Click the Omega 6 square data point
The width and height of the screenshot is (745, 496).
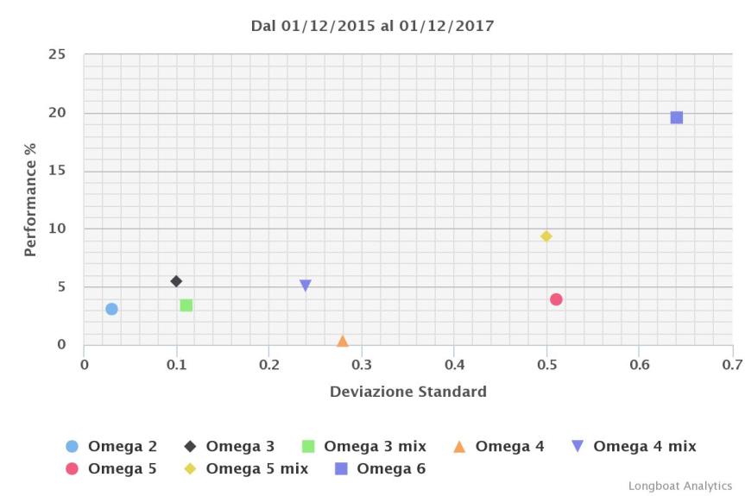[x=677, y=117]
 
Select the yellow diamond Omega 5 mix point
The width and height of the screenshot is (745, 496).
[x=546, y=236]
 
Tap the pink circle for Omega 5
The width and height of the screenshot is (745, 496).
[x=556, y=299]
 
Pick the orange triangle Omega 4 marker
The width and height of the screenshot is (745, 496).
[x=343, y=342]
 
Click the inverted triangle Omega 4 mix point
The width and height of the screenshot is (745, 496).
[x=306, y=286]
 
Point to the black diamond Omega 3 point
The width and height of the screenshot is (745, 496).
[x=176, y=281]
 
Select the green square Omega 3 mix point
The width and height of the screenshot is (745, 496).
[x=186, y=305]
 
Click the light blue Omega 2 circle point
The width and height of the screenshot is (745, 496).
[x=111, y=309]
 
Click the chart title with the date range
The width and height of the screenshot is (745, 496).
[x=372, y=26]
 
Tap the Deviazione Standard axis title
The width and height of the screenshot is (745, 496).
[x=407, y=392]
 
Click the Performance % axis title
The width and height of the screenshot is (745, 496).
[x=30, y=200]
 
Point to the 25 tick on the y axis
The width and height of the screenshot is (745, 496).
[x=57, y=54]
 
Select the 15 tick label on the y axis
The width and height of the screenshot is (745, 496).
[x=57, y=171]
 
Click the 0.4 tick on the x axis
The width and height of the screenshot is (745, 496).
[x=454, y=365]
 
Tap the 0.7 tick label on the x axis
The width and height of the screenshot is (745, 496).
[x=731, y=365]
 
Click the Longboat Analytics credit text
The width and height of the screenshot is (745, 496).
[x=679, y=487]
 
